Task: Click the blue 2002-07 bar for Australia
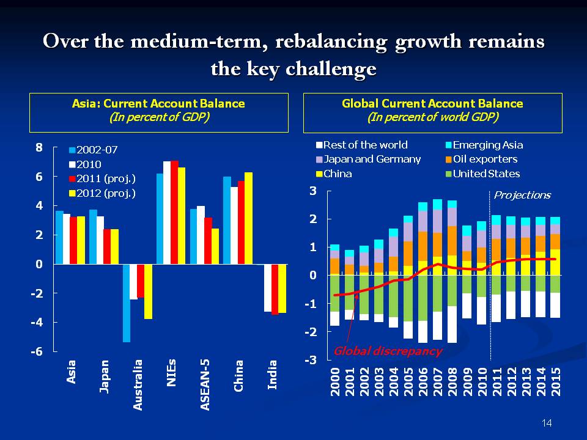(127, 302)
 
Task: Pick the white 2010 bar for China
(234, 226)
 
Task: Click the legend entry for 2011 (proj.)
(102, 178)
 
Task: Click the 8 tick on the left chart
(39, 147)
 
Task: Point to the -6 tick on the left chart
(36, 352)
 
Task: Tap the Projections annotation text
(522, 195)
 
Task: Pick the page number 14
(547, 423)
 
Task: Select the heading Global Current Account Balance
(432, 103)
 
